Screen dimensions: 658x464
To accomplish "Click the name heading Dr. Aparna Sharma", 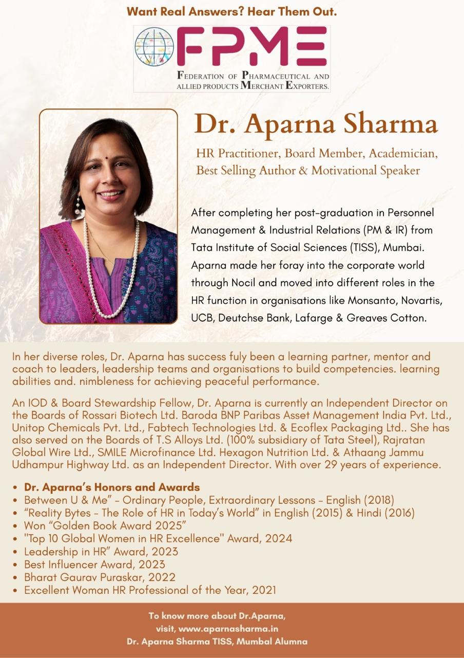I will pos(316,124).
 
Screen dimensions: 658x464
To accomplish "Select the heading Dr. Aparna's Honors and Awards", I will pos(112,487).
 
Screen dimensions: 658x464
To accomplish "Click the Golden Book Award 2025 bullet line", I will pos(105,525).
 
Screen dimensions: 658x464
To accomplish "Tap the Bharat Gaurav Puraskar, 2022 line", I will pos(100,577).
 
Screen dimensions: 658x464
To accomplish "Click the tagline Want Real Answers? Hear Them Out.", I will pos(231,11).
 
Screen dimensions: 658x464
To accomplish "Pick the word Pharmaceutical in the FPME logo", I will pos(266,76).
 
